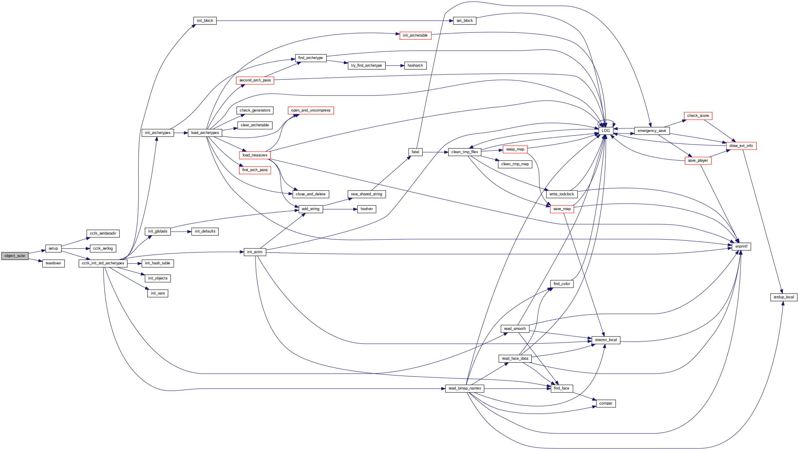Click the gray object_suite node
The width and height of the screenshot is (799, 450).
tap(14, 256)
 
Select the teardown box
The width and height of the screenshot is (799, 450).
tap(53, 263)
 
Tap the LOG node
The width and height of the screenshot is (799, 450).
tap(605, 130)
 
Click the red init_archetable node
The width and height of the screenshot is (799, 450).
tap(415, 35)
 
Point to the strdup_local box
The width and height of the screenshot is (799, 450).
tap(783, 297)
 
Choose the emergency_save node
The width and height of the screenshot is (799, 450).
tap(652, 130)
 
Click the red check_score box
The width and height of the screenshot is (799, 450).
tap(697, 116)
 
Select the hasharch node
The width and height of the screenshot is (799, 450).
tap(415, 66)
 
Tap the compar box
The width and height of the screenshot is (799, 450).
tap(605, 403)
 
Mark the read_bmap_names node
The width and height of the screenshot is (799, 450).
tap(464, 388)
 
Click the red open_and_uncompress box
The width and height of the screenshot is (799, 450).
tap(311, 110)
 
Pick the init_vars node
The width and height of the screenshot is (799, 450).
tap(158, 293)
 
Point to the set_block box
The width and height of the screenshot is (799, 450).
tap(464, 21)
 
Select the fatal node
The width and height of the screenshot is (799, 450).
tap(415, 152)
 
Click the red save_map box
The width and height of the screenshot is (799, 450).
tap(562, 209)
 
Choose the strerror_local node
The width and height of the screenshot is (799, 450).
tap(605, 340)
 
